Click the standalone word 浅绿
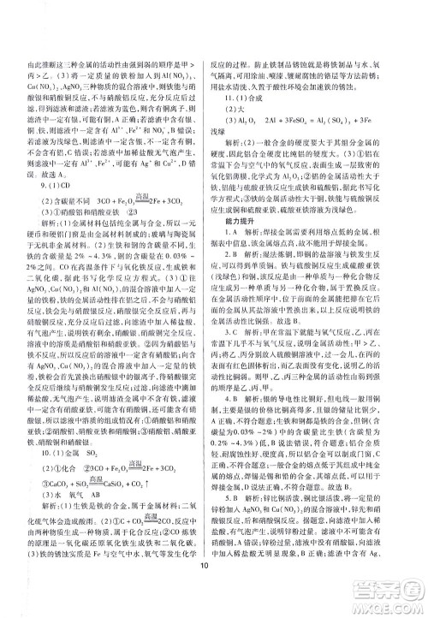click(x=231, y=159)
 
